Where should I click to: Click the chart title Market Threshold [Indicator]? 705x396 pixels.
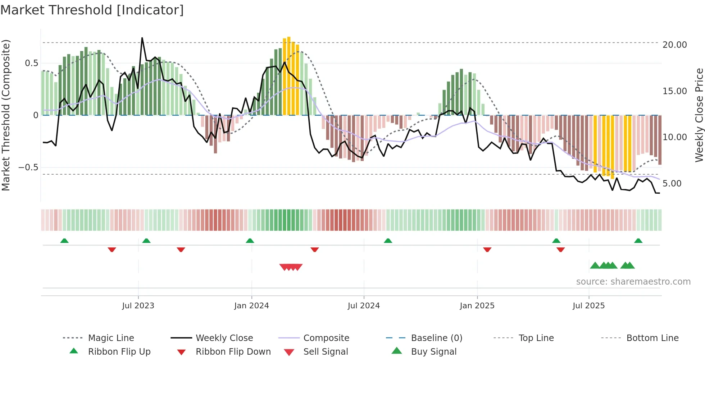click(92, 10)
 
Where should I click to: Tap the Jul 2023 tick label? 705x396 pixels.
click(138, 306)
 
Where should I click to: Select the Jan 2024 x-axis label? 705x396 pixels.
click(251, 306)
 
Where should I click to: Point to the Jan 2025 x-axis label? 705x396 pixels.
click(477, 306)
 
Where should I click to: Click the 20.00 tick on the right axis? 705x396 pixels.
click(674, 45)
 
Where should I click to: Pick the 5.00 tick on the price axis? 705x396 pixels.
click(672, 184)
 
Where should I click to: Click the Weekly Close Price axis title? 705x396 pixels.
click(699, 115)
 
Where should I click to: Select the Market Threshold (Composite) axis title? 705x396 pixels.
click(6, 115)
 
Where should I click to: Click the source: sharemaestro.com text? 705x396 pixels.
click(633, 282)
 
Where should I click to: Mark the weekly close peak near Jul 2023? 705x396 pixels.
click(142, 38)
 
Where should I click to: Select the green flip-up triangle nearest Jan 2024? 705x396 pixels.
click(250, 241)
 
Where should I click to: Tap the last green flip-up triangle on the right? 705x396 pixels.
click(638, 241)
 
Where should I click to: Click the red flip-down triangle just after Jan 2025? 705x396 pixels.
click(487, 249)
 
